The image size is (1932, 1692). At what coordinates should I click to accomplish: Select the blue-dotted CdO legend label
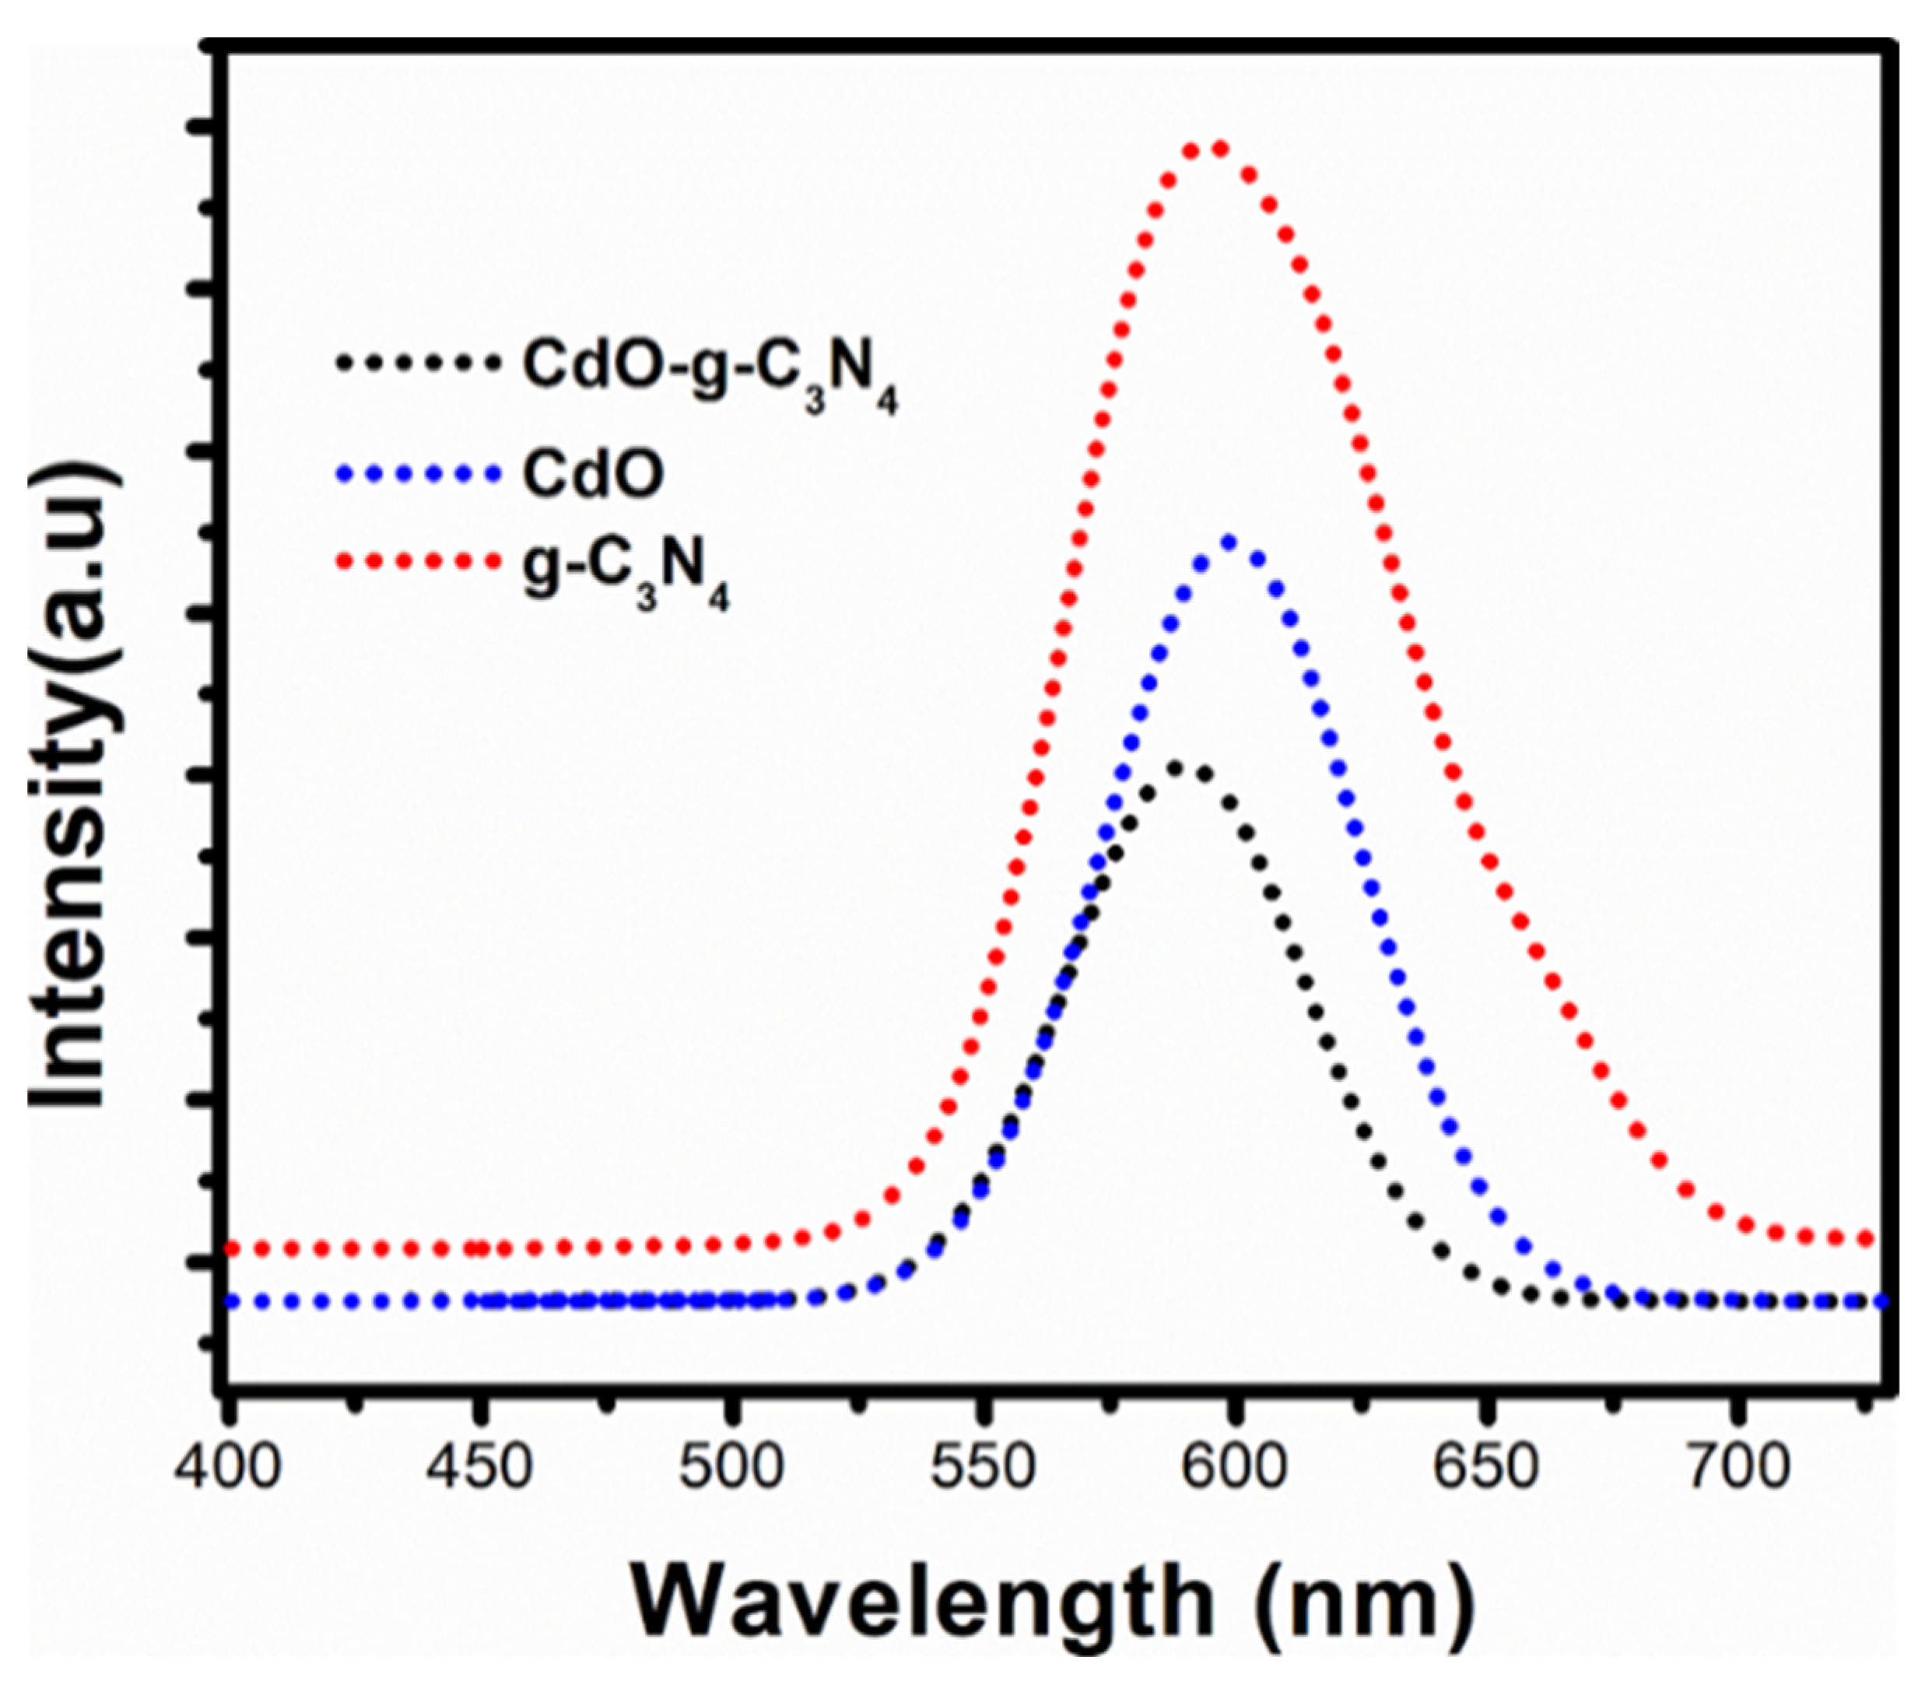click(x=594, y=474)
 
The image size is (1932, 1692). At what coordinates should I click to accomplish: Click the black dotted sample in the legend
click(x=416, y=362)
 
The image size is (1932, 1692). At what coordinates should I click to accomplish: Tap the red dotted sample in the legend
click(x=416, y=562)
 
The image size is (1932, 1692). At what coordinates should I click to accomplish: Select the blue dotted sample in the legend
click(x=416, y=473)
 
